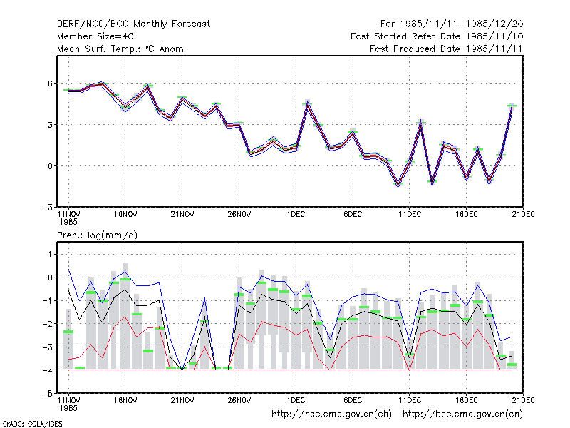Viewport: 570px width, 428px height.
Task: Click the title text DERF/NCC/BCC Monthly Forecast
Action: (x=133, y=24)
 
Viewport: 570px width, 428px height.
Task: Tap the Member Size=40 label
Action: (x=95, y=36)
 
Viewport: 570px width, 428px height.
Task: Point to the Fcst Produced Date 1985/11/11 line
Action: (x=446, y=49)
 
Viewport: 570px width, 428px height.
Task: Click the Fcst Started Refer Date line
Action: (x=437, y=36)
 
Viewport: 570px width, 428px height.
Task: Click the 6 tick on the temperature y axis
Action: (x=50, y=83)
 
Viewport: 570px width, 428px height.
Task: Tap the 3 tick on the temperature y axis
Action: (x=50, y=125)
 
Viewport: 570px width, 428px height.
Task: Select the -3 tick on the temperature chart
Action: (x=48, y=208)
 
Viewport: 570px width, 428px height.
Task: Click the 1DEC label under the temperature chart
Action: (x=296, y=215)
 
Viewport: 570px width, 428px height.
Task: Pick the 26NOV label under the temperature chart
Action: (x=239, y=215)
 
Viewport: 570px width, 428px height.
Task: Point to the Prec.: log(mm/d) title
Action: (x=97, y=235)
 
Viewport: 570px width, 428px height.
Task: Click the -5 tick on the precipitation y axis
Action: (x=48, y=394)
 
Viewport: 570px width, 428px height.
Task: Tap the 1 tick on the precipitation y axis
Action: (x=50, y=254)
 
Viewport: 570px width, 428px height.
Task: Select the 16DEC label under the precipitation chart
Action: (x=467, y=400)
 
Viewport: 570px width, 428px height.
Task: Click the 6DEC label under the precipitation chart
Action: (x=353, y=400)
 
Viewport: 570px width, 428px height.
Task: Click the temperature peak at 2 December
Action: (x=308, y=104)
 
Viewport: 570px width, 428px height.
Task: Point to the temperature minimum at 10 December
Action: (x=398, y=184)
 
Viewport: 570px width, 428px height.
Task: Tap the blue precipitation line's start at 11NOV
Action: (x=68, y=270)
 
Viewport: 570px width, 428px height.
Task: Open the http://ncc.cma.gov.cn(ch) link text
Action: (x=331, y=414)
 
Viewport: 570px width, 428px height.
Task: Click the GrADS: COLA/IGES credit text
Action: (x=33, y=424)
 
